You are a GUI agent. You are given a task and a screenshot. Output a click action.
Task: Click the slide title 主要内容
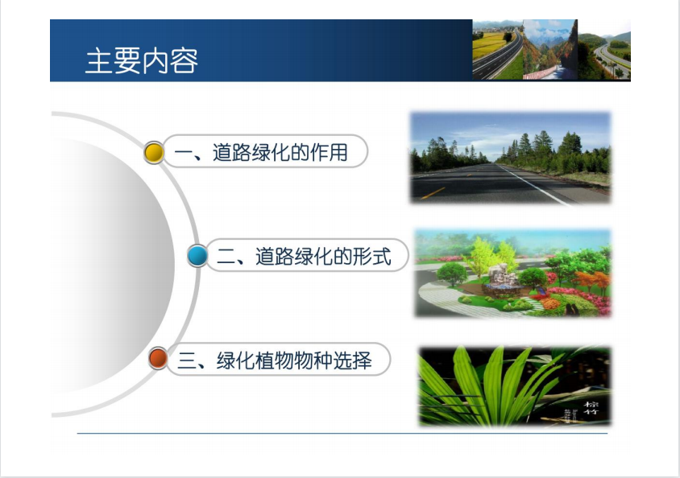pyautogui.click(x=141, y=60)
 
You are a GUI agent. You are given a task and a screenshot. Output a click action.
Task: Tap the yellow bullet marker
pyautogui.click(x=154, y=152)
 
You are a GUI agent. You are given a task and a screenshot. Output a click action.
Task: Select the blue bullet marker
pyautogui.click(x=197, y=255)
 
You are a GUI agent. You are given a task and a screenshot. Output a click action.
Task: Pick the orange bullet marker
pyautogui.click(x=158, y=359)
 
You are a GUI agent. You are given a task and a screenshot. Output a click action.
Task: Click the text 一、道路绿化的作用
pyautogui.click(x=261, y=152)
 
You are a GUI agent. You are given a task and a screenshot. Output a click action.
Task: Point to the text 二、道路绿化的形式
pyautogui.click(x=304, y=256)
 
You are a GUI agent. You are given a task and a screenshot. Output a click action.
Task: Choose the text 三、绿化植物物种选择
pyautogui.click(x=275, y=361)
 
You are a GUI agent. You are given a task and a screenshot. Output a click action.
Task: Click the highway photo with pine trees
pyautogui.click(x=511, y=158)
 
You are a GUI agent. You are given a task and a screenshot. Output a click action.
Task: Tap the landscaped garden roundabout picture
pyautogui.click(x=512, y=273)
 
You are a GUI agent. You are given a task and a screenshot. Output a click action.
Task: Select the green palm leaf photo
pyautogui.click(x=514, y=385)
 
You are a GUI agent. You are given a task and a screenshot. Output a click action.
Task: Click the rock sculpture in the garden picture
pyautogui.click(x=502, y=275)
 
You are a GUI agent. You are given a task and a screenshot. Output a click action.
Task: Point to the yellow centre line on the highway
pyautogui.click(x=433, y=193)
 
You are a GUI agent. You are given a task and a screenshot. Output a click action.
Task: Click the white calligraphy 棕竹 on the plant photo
pyautogui.click(x=591, y=407)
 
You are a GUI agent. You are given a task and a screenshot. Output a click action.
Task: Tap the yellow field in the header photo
pyautogui.click(x=488, y=45)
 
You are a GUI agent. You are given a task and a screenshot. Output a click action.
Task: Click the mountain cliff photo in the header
pyautogui.click(x=551, y=49)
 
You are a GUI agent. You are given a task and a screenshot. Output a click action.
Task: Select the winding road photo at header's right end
pyautogui.click(x=604, y=49)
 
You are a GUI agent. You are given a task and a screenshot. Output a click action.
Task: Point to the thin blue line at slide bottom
pyautogui.click(x=342, y=433)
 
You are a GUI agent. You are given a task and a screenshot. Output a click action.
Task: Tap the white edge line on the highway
pyautogui.click(x=534, y=185)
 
